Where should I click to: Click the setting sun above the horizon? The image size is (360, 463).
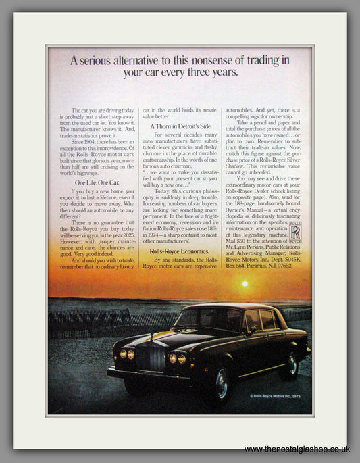point(245,285)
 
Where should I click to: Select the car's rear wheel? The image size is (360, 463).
point(292,365)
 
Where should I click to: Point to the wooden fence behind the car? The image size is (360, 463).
point(88,324)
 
